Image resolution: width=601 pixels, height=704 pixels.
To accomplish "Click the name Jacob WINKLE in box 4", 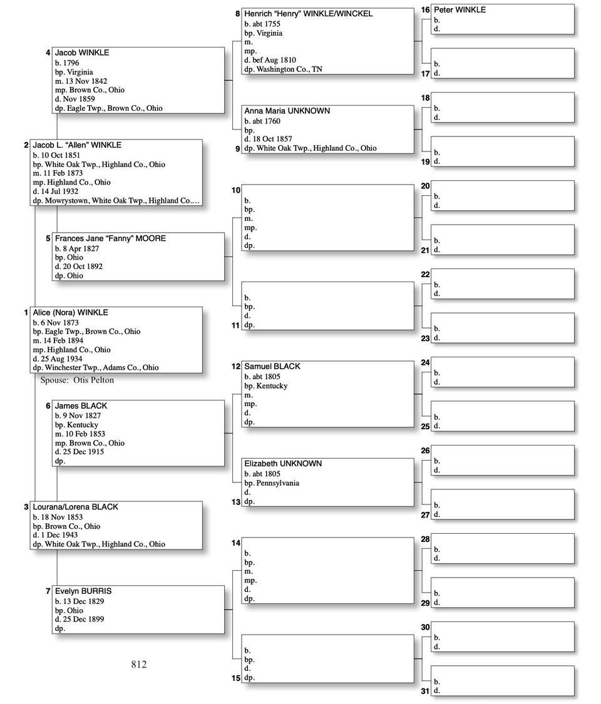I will pos(81,53).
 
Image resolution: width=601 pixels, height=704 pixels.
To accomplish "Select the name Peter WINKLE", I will pos(460,10).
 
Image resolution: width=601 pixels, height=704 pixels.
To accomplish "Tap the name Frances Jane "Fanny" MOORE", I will pos(110,238).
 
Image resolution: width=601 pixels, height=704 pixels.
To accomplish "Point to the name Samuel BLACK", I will pos(272,367).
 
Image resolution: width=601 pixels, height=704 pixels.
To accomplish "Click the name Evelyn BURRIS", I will pos(83,591).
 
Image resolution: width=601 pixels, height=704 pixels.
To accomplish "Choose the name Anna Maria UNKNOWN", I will pos(287,111).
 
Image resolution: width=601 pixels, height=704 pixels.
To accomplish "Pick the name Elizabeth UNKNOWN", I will pos(283,464).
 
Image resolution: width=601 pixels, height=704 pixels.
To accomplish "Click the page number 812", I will pos(139,665).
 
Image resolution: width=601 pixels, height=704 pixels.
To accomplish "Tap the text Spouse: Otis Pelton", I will pos(77,380).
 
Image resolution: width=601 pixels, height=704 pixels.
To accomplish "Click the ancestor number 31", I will pos(425,691).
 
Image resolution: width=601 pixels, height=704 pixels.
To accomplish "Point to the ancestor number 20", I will pos(425,186).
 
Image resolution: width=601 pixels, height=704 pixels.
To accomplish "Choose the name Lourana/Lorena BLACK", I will pos(75,507).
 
